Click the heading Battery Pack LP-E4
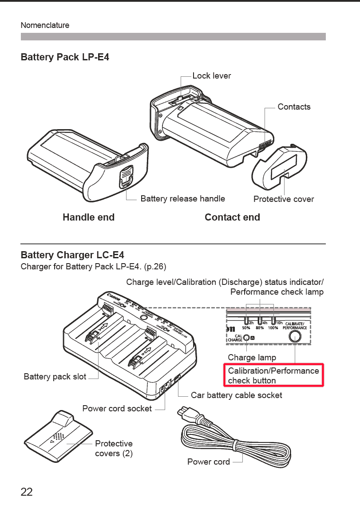click(x=65, y=57)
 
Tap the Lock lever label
click(x=212, y=76)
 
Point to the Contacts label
click(x=294, y=107)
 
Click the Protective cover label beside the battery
click(x=283, y=199)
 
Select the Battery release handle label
click(x=182, y=198)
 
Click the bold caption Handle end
click(x=88, y=217)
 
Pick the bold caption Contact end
click(x=232, y=217)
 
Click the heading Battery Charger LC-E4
click(x=72, y=255)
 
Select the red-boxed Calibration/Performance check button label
click(x=273, y=375)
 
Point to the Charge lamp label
click(x=252, y=357)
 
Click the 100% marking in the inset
click(x=273, y=328)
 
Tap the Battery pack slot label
click(x=55, y=377)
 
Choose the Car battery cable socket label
click(x=236, y=395)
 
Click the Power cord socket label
click(x=117, y=408)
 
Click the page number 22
click(x=27, y=492)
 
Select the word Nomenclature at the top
click(x=45, y=25)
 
